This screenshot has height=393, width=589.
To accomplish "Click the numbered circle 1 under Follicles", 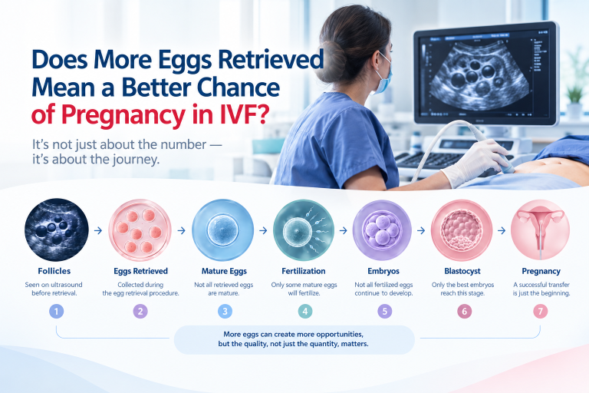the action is point(56,312).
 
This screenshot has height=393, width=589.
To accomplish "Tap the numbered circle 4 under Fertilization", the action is point(305,312).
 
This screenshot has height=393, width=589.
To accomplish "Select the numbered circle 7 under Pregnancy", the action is point(541,312).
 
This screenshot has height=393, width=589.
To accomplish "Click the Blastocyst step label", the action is point(462,271).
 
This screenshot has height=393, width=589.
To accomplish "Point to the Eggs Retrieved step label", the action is point(141,271).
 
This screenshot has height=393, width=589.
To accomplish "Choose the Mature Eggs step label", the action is point(224,271).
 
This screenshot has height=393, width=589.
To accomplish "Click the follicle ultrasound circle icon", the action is point(57,230).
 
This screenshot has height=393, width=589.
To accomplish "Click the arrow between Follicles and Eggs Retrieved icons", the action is point(98,230).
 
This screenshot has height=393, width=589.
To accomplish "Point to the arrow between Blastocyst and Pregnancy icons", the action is point(502,230).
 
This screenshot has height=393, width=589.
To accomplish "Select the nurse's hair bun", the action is point(331,62).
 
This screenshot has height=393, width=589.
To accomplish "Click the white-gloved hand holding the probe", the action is point(475,161).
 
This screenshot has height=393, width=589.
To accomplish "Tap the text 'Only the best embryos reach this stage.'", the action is point(462,289).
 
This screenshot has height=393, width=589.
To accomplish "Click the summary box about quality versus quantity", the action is point(294,339).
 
